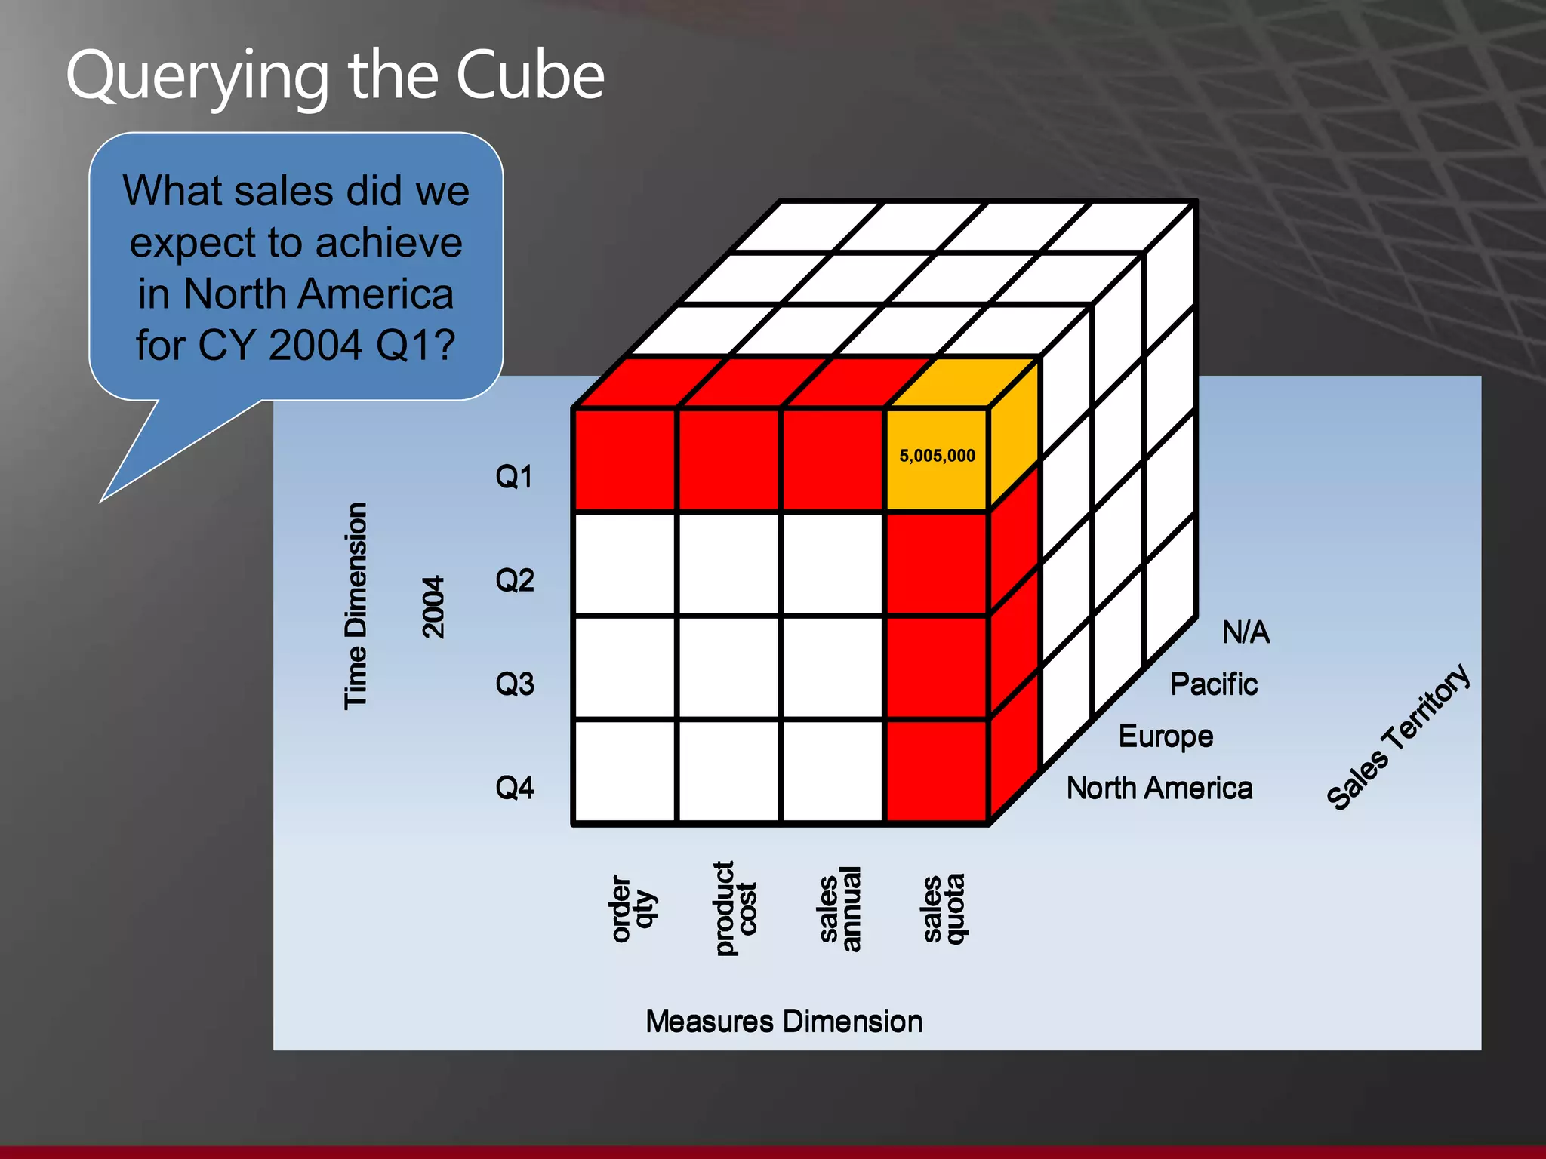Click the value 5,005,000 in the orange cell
(x=937, y=456)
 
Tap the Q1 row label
(x=514, y=477)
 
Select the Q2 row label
(x=514, y=580)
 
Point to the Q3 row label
(x=514, y=684)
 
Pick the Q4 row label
(x=514, y=788)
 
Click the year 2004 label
(x=433, y=607)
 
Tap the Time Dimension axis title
(x=356, y=606)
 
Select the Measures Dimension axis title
(x=784, y=1022)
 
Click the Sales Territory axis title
(x=1398, y=737)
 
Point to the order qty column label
(x=633, y=908)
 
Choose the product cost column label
(x=735, y=908)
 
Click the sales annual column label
(x=839, y=908)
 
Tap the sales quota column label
(x=944, y=908)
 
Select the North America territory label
(x=1159, y=788)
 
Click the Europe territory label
(x=1166, y=736)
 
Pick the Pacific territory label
(x=1213, y=684)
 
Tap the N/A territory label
(x=1246, y=632)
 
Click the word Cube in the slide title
(x=530, y=75)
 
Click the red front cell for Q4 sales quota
(x=937, y=771)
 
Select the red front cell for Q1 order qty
(x=625, y=460)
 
